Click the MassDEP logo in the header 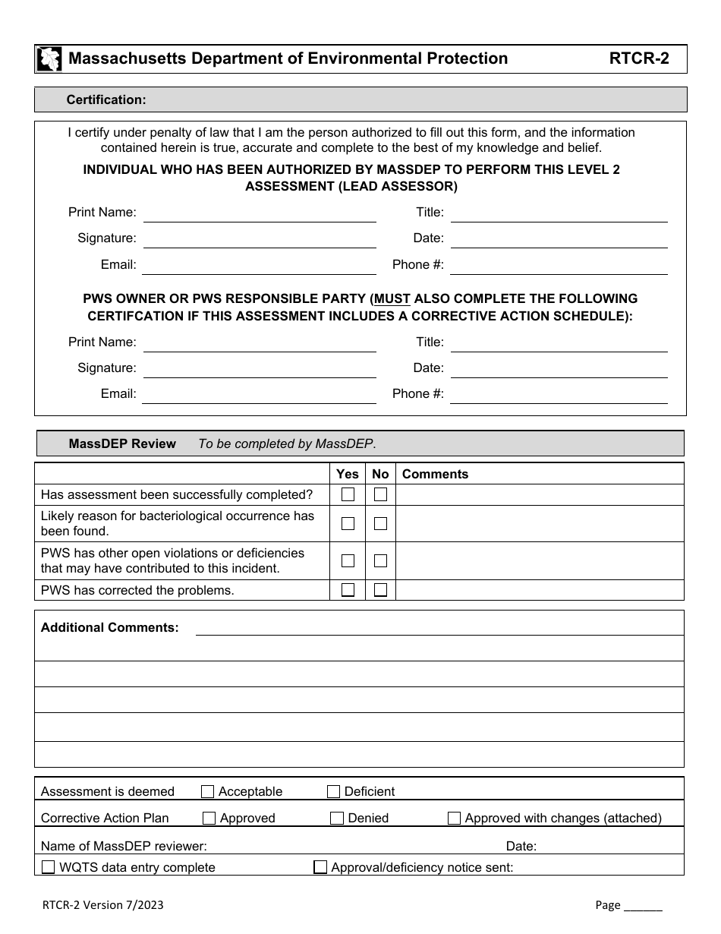(49, 59)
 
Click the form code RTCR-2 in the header (639, 59)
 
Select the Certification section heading (106, 99)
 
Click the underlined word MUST (392, 298)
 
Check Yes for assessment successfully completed (348, 495)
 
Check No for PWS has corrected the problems (380, 590)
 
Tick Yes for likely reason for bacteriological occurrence (348, 523)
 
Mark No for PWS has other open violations (380, 561)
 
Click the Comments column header (435, 474)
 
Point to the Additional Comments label (110, 627)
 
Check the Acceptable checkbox (207, 792)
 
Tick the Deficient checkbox (333, 792)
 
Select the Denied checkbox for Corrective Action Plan (337, 819)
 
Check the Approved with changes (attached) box (454, 819)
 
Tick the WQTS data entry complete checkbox (48, 867)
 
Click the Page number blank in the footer (643, 905)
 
